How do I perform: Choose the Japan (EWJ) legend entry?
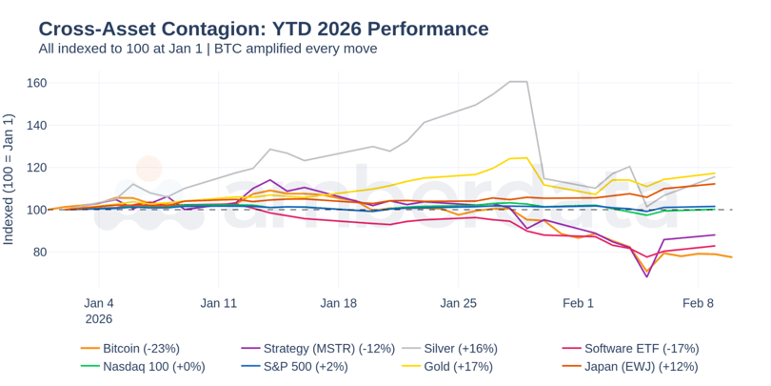click(x=641, y=366)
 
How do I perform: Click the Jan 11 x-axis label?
click(x=218, y=303)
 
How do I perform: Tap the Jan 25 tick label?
click(x=458, y=303)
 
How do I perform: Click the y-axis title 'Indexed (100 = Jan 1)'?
click(x=10, y=179)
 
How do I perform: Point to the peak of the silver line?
click(x=519, y=82)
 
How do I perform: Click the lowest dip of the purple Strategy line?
click(x=647, y=276)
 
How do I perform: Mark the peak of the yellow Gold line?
click(x=525, y=157)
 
